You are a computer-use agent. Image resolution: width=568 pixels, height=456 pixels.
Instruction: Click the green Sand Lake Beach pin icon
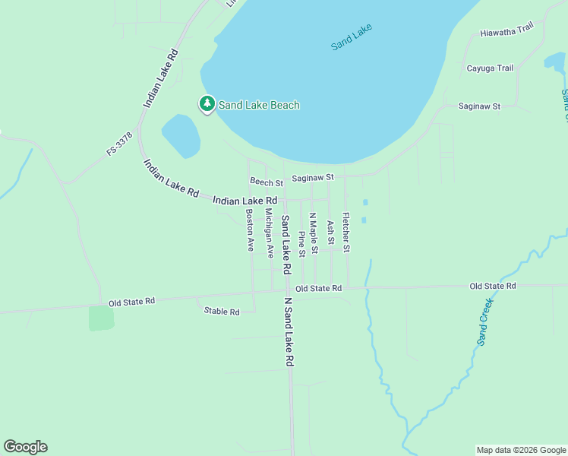click(x=207, y=104)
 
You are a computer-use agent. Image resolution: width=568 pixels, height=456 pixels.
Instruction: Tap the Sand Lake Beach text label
click(x=259, y=105)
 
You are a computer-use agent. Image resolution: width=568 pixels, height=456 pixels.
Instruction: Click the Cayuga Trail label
click(x=490, y=68)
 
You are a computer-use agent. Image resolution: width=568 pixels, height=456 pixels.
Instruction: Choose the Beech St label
click(x=266, y=182)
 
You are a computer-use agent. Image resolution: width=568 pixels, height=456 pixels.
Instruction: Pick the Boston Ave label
click(x=249, y=230)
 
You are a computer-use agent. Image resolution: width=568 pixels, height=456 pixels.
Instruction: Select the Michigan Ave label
click(x=269, y=233)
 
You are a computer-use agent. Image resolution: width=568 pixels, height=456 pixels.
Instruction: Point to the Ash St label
click(x=330, y=233)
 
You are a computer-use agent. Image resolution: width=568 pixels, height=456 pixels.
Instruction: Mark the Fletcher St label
click(x=346, y=232)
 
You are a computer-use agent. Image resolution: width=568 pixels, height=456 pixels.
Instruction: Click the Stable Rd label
click(x=222, y=312)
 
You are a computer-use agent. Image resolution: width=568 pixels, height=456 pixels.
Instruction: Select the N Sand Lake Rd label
click(x=289, y=332)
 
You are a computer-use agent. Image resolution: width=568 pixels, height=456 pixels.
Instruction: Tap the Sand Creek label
click(x=486, y=321)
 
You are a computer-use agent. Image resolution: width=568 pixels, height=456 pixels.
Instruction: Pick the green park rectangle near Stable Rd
click(x=101, y=318)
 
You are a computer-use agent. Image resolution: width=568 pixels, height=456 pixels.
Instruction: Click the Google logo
click(x=25, y=447)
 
